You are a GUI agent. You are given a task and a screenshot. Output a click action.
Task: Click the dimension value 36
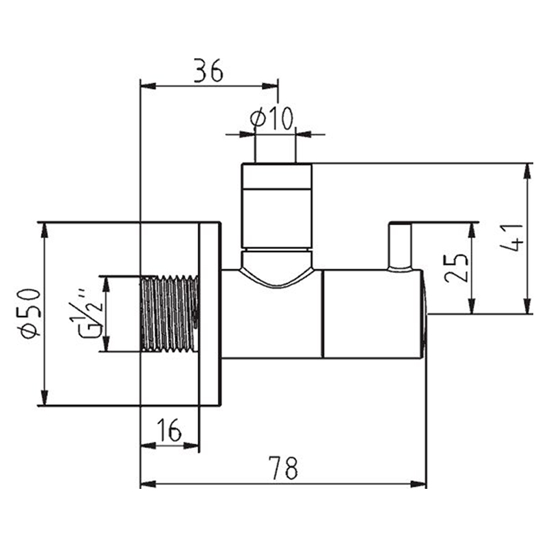coord(209,70)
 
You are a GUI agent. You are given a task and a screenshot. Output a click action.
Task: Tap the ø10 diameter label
coord(271,118)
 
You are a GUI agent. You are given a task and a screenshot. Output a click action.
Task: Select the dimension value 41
coord(511,238)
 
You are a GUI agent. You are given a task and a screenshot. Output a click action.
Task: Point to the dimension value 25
coord(455,267)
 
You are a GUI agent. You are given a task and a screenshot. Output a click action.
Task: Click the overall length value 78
coord(283,468)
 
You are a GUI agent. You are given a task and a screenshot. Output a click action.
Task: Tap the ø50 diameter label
coord(31,313)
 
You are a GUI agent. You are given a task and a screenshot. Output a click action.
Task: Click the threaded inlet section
coord(170,314)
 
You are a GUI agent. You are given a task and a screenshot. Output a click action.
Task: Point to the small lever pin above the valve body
coord(400,246)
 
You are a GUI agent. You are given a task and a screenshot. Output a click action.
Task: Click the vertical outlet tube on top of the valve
coord(276,206)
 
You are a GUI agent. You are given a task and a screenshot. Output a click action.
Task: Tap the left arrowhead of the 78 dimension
coord(148,484)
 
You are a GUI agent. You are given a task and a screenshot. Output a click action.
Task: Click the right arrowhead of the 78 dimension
coord(418,484)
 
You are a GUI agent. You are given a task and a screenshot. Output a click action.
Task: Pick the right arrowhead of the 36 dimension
coord(270,86)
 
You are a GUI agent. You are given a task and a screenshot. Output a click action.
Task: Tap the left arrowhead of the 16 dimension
coord(148,446)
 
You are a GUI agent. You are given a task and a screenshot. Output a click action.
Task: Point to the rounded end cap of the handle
coord(425,314)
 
